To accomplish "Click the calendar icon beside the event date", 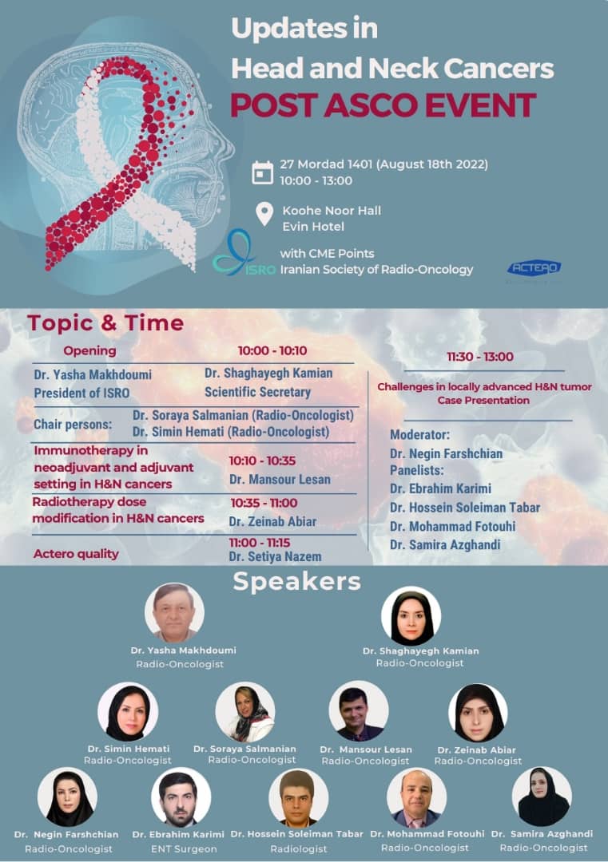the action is (x=263, y=172).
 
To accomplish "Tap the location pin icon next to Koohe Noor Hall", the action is (x=264, y=213).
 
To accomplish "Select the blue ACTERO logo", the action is (x=534, y=267).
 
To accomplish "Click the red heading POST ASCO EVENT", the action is (x=383, y=105).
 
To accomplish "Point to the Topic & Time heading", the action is (x=105, y=322).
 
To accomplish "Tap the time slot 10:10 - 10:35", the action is (x=263, y=461).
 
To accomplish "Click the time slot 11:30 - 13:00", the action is (x=480, y=357).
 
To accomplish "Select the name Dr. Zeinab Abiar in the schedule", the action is (x=272, y=521).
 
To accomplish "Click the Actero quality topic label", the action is (x=76, y=554).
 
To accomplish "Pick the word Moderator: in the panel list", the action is (x=419, y=435).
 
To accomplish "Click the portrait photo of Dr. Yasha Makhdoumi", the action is (x=174, y=612).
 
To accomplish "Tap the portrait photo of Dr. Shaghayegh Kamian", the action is (x=411, y=615).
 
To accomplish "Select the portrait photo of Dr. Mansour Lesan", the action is (x=359, y=711).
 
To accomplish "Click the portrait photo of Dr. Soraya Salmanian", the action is (x=244, y=713).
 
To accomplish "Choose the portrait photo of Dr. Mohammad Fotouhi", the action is (x=416, y=797).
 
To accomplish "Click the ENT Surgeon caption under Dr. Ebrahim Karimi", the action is (x=184, y=848).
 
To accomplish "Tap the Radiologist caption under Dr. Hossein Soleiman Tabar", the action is (x=299, y=848).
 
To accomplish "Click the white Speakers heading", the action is (x=296, y=582).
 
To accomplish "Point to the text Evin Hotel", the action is (x=313, y=227).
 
